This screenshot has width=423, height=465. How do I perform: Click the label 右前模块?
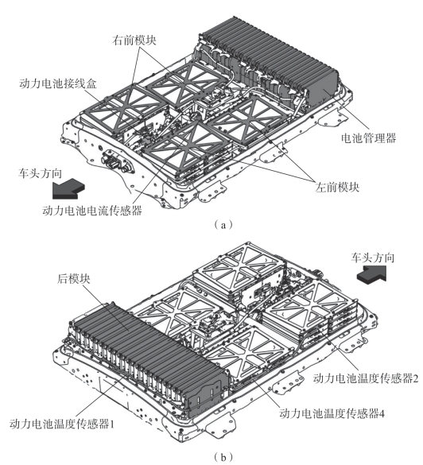coord(134,40)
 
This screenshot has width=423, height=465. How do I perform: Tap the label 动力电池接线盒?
coord(58,83)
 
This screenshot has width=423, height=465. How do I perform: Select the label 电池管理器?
coord(368,138)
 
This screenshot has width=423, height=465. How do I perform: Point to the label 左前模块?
coord(337,187)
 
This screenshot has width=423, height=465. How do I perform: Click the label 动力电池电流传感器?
coord(92,211)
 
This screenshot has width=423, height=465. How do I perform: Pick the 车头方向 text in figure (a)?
coord(40,173)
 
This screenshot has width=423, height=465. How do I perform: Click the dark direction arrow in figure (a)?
coord(68,190)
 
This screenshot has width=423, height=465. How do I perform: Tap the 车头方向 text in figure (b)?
coord(373,258)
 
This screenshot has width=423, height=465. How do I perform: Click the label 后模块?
coord(74,279)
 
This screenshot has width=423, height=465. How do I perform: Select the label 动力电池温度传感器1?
coord(62,424)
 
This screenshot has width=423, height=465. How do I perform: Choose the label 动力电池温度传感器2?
coord(366,378)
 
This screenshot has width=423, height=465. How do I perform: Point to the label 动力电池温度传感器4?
coord(332,413)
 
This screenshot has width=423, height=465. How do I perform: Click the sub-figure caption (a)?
coord(223,225)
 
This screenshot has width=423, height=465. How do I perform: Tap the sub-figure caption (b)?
coord(223,457)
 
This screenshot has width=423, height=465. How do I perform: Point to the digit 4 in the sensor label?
coord(382,413)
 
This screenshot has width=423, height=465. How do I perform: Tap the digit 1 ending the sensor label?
coord(112,424)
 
